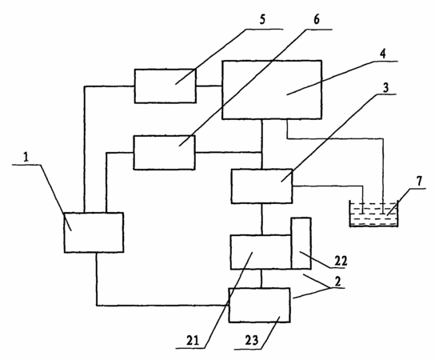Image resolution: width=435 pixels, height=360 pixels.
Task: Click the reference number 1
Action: pos(26,158)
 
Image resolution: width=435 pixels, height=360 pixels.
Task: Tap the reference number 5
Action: pos(262,19)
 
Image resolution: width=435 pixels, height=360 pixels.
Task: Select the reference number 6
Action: pos(317,19)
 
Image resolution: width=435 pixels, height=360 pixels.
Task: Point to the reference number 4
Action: pos(382,54)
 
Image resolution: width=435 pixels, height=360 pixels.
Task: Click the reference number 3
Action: pos(385,88)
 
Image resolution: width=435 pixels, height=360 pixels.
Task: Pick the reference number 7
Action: pos(419,182)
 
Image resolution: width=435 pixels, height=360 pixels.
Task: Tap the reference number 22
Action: pos(341,261)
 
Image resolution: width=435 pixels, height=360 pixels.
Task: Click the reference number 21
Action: pos(193,340)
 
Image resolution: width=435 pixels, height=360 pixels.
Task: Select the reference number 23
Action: pos(252,340)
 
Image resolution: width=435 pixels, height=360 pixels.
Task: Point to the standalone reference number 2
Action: pos(337,282)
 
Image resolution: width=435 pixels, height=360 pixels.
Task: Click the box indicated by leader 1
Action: pos(94,233)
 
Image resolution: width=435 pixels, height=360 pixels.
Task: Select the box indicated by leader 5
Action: pos(166,86)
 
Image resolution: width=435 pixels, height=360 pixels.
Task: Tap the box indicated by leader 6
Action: pos(164,153)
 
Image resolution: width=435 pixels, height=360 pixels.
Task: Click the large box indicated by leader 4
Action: pos(272,90)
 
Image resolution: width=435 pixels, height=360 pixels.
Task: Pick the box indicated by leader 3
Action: pos(262,186)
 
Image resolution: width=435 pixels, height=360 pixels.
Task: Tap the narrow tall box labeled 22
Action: pos(301,243)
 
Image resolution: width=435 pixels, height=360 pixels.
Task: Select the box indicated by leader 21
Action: pos(261,252)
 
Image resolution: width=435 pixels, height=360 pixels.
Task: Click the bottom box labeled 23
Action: pos(259,305)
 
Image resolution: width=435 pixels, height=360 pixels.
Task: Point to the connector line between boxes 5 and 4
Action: pos(209,86)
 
